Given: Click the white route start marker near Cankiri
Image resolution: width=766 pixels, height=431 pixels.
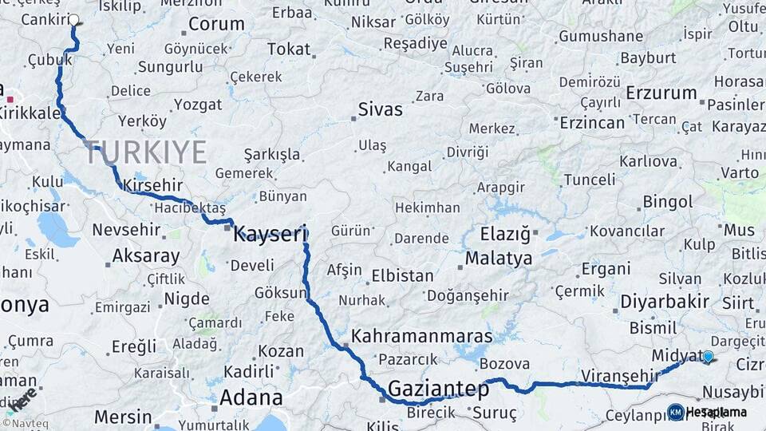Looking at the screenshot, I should coord(74,20).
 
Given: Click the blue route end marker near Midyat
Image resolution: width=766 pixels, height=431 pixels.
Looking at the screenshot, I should coord(708,357).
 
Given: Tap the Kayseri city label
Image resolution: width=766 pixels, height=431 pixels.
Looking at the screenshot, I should coord(270,234).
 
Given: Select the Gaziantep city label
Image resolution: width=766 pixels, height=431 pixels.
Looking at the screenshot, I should coord(438,389).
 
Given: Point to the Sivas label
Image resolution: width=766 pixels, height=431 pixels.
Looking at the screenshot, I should coord(381,109).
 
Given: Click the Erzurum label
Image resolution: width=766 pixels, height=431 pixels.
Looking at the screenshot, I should coord(661,93).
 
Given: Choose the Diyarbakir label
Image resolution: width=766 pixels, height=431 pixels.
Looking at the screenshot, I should coord(665,302).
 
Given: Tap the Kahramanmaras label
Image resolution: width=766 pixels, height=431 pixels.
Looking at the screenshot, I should coord(422,336).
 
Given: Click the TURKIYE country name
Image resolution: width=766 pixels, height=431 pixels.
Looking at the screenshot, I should coord(147,152).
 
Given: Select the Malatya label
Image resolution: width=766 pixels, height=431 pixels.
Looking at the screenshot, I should coord(499,259).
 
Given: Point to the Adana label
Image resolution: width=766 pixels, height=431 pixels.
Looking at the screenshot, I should coord(251,397).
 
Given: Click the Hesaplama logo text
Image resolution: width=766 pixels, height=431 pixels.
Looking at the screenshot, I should coord(717,413).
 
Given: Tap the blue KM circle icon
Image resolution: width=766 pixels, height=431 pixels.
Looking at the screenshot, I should coord(676,413).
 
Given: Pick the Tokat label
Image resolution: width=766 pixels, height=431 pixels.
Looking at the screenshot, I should coord(289,49).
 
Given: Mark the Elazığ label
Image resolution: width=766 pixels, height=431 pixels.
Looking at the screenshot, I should coord(505,235).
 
